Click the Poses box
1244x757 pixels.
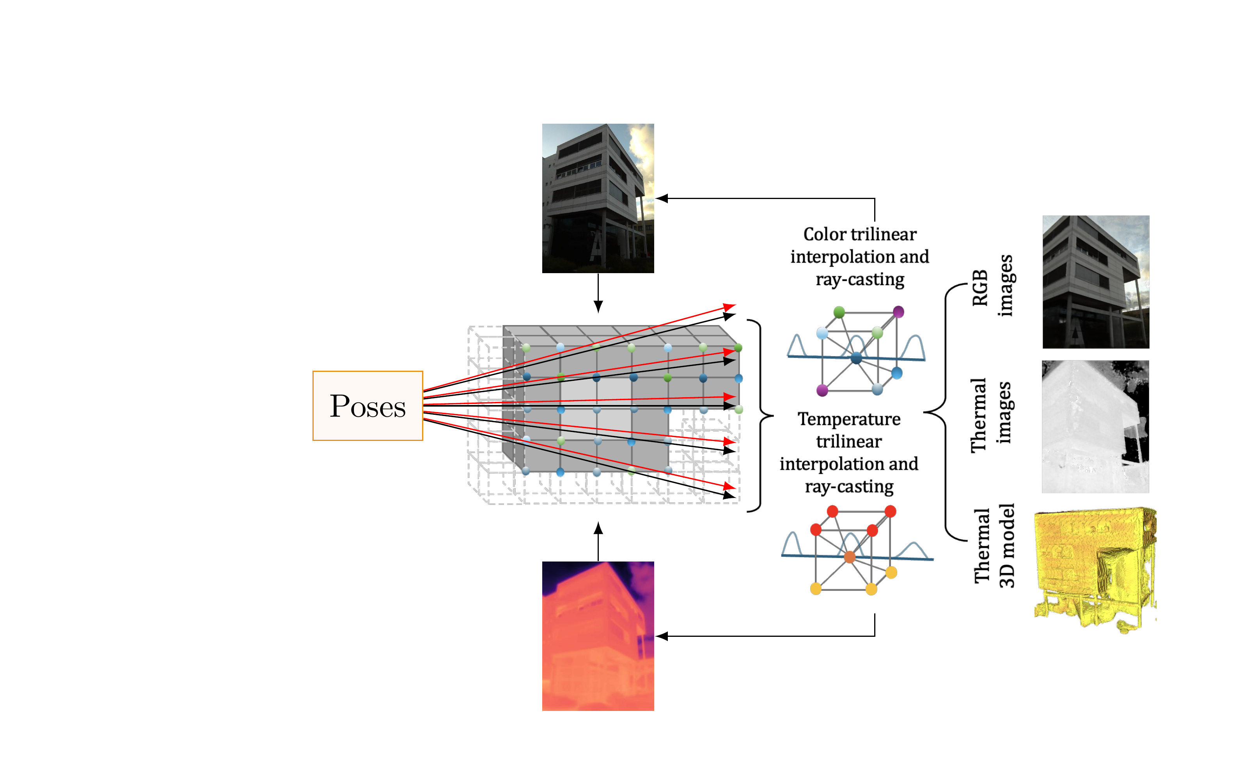pos(367,405)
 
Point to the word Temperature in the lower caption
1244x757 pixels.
pos(849,419)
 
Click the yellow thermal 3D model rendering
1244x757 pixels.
pos(1095,568)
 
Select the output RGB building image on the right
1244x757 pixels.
pos(1095,282)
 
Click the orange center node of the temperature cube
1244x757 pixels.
pos(850,557)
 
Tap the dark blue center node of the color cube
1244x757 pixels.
pos(856,358)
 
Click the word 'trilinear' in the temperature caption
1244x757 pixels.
pos(849,441)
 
